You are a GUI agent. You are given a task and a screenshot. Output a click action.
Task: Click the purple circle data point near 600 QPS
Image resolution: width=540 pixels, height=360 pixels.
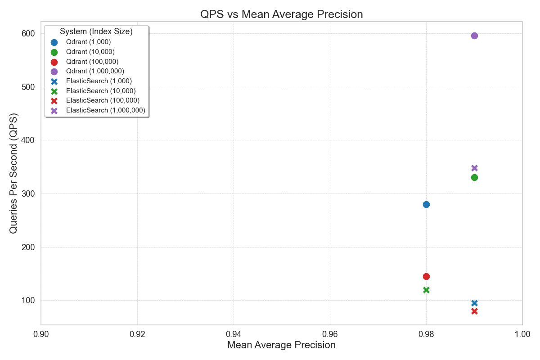474,36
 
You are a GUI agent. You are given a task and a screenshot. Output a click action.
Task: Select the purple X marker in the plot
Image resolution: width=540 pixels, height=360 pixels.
474,168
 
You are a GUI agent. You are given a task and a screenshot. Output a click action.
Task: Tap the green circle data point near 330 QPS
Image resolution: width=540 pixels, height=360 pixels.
474,177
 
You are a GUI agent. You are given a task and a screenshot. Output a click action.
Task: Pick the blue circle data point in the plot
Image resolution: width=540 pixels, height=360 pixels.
426,204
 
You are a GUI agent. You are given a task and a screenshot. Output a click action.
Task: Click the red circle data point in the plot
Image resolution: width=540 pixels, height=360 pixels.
426,276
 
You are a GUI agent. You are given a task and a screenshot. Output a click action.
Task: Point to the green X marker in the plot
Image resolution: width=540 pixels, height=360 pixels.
426,290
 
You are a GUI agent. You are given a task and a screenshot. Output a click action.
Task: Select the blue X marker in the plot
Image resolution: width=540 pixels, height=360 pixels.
474,303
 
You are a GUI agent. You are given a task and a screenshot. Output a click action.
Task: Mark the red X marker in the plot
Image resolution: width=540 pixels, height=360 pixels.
474,311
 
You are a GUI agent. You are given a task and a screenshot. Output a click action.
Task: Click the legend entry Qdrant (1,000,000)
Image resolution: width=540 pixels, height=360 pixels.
95,71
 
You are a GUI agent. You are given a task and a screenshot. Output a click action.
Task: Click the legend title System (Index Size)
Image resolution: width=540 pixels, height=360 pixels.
96,31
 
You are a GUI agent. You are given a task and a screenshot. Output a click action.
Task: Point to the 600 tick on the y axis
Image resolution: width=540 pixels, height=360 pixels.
28,33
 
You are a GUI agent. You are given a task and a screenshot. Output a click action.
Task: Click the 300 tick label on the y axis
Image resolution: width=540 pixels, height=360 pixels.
28,193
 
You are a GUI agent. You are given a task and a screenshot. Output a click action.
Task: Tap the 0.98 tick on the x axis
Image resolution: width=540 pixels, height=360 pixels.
426,334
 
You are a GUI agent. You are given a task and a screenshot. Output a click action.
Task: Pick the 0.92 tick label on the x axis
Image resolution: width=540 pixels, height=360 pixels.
137,334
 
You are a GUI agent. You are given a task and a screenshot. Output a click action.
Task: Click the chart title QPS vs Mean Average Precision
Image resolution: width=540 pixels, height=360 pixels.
281,14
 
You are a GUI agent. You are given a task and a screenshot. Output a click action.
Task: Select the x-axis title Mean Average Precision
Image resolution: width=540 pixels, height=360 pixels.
281,346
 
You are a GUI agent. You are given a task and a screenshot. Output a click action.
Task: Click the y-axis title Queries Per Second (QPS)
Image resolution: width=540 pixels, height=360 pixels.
13,173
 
